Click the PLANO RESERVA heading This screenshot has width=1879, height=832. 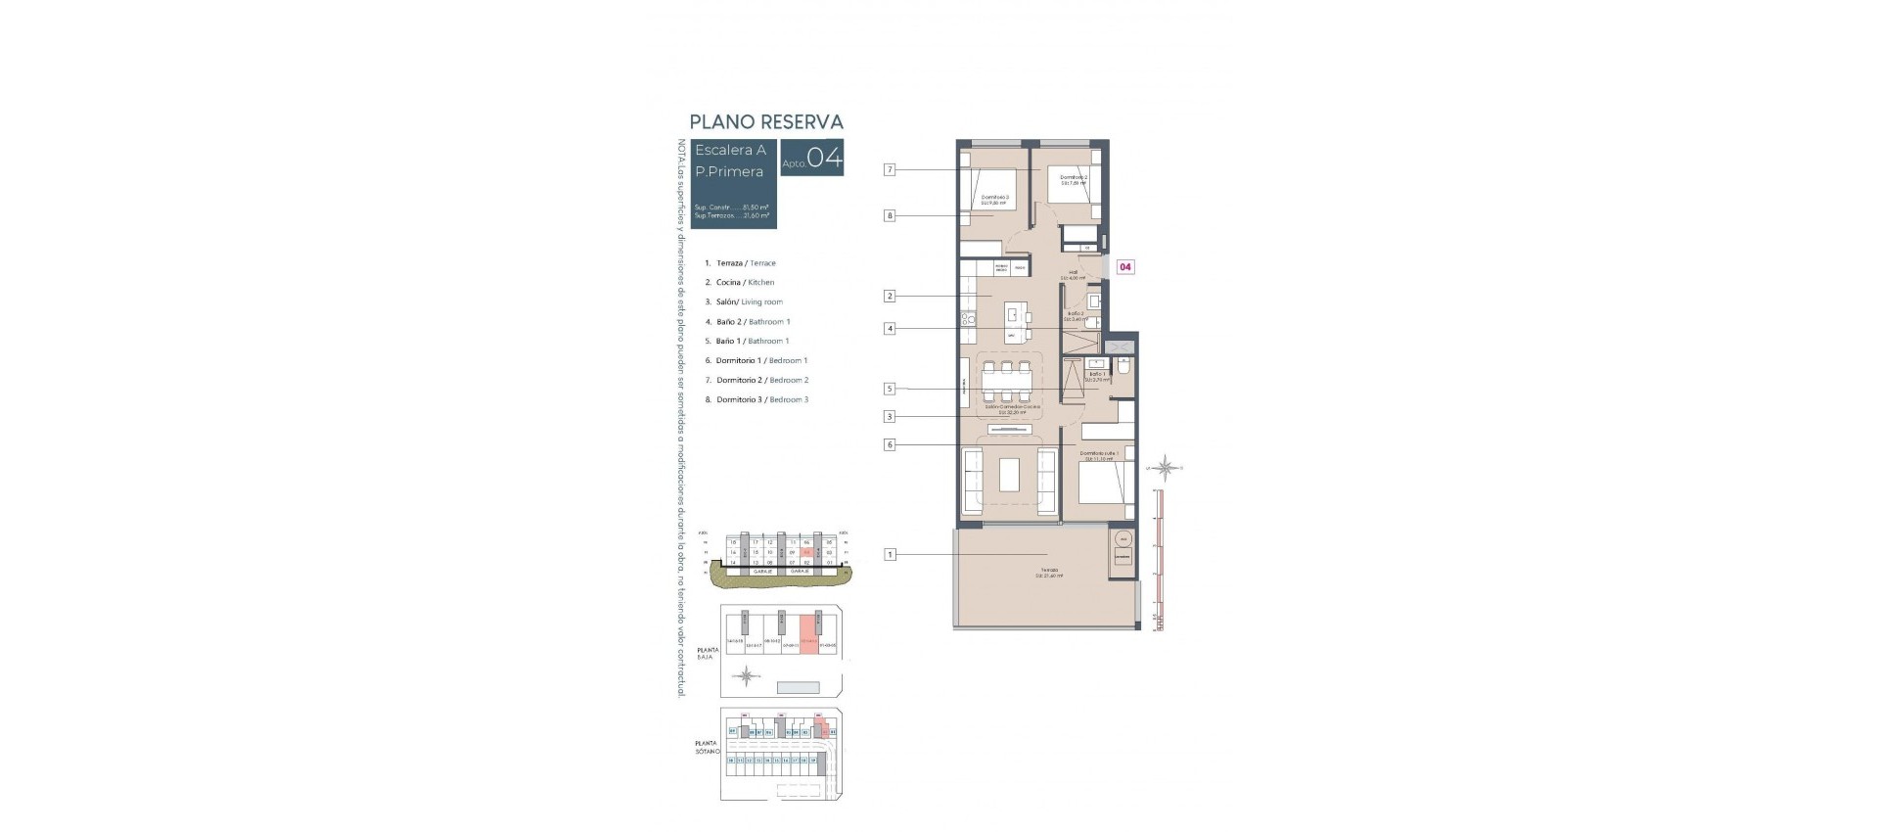tap(765, 121)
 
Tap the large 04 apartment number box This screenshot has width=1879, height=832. tap(811, 159)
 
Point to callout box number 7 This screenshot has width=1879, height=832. tap(890, 169)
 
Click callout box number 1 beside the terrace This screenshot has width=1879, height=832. tap(890, 555)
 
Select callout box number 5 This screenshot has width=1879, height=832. tap(890, 389)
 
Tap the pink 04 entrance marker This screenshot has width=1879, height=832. tap(1125, 266)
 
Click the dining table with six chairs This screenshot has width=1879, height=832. tap(1006, 384)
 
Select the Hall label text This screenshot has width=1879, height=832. tap(1073, 272)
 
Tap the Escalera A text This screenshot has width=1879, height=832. tap(730, 150)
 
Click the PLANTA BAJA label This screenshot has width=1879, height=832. tap(707, 653)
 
